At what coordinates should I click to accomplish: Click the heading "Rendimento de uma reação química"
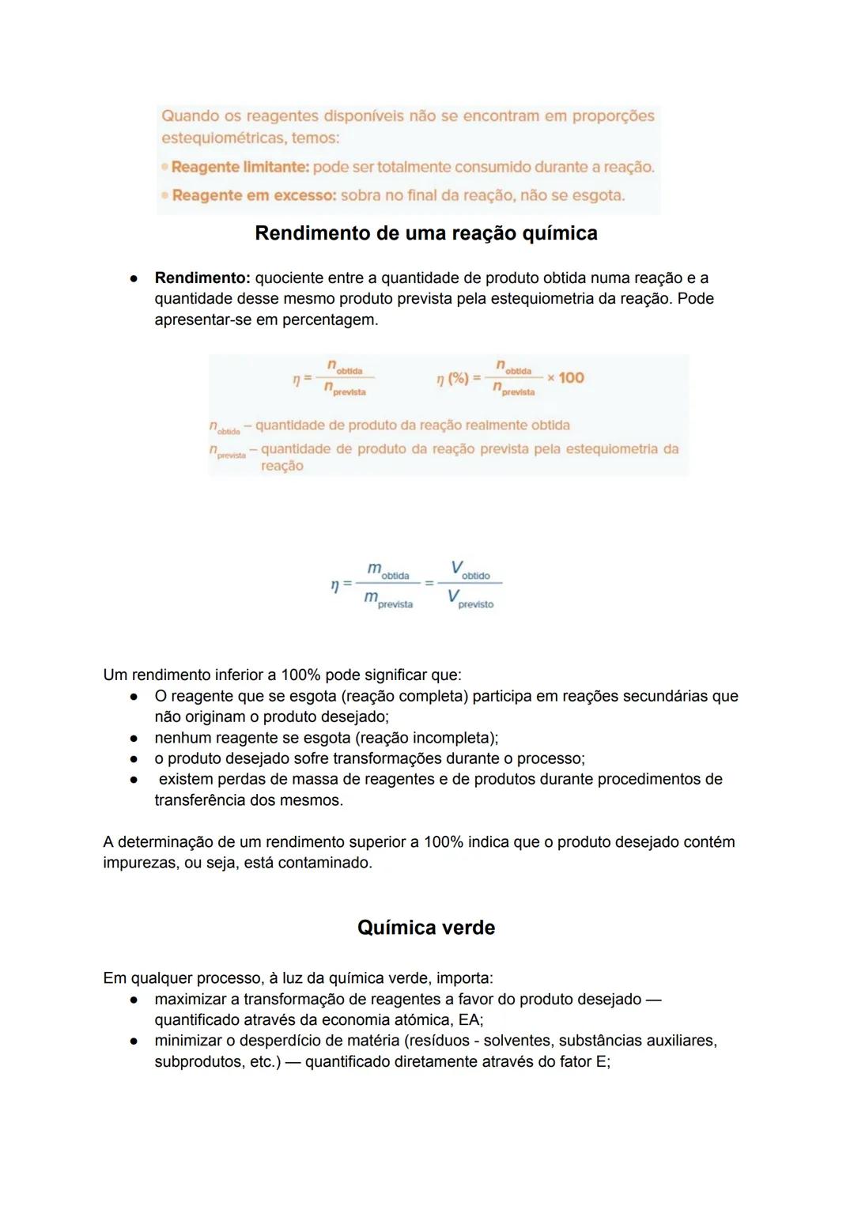[426, 233]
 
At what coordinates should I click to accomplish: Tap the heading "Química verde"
[426, 928]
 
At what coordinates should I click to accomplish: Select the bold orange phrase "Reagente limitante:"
[240, 168]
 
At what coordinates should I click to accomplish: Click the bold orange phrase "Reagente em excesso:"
[254, 195]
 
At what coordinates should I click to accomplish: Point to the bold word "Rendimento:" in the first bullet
[202, 278]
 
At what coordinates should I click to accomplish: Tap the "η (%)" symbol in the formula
[453, 379]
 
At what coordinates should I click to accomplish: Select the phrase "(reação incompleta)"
[426, 738]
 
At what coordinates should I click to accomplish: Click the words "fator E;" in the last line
[585, 1062]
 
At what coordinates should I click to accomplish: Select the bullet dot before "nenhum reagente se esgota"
[135, 738]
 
